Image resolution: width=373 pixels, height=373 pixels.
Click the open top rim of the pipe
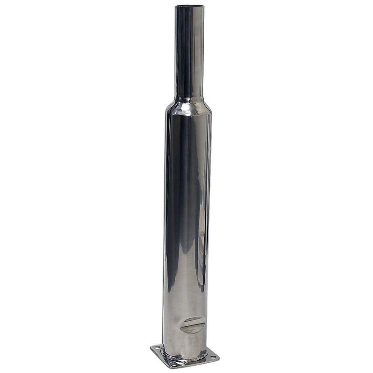189,6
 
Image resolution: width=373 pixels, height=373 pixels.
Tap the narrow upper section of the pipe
189,51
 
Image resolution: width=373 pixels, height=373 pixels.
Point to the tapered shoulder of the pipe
189,106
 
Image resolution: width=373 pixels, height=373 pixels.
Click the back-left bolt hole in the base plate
157,347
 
